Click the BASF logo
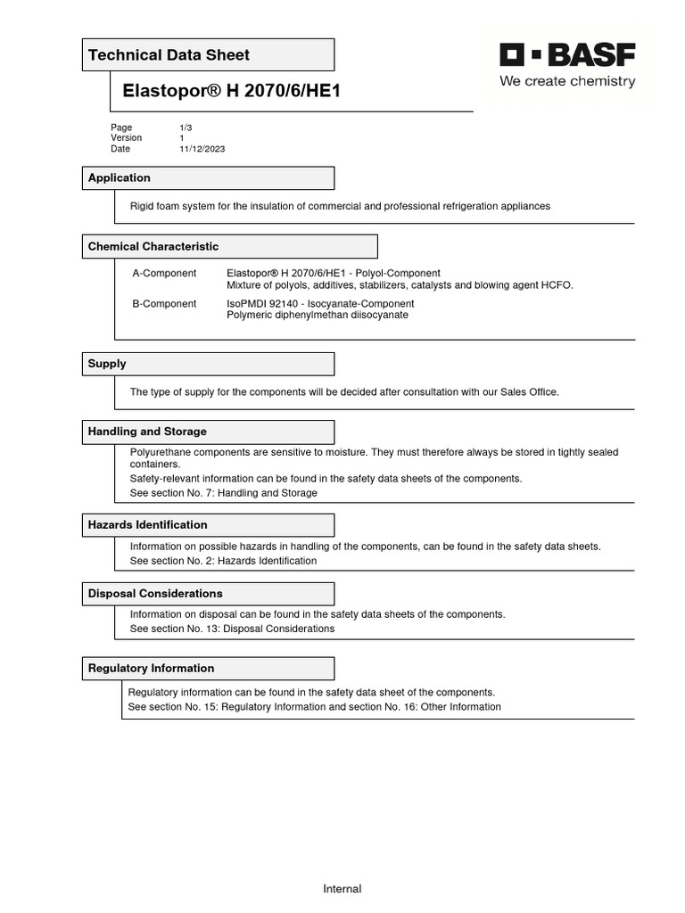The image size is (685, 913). pos(567,55)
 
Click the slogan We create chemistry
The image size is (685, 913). pos(567,82)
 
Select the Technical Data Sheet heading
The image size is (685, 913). pos(169,55)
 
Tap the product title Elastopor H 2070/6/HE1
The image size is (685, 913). pos(232,91)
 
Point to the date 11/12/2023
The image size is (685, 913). pos(202,149)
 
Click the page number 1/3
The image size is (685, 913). pos(186,127)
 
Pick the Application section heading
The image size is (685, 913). pos(120,178)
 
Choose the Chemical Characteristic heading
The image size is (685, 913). pos(153,247)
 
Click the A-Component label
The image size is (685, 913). pos(164,273)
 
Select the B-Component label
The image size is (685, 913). pos(164,304)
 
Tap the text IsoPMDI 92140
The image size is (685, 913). pos(265,304)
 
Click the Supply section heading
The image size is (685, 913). pos(107,364)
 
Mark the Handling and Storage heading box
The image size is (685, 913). pos(208,432)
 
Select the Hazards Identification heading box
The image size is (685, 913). pos(208,525)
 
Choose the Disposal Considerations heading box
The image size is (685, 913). pos(208,594)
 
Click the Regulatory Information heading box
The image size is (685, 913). pos(208,669)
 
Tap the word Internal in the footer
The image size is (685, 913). pos(342,889)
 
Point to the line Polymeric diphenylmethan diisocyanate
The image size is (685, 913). pos(318,315)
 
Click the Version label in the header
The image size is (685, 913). pos(127,138)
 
